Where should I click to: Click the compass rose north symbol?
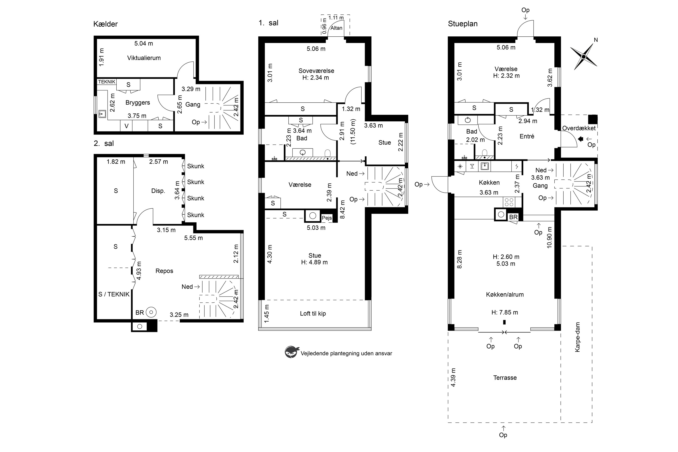coord(584,56)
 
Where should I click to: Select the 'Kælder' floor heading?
coord(106,24)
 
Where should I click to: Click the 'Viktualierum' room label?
coord(144,58)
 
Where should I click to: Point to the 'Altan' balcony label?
coord(337,28)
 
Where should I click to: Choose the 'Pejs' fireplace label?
coord(327,218)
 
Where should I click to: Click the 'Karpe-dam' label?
coord(577,337)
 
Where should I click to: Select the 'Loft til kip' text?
coord(313,314)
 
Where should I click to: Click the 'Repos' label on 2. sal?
coord(164,271)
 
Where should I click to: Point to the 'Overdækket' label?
coord(579,128)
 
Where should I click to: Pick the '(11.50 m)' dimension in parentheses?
coord(353,132)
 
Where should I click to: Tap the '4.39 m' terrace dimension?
coord(453,377)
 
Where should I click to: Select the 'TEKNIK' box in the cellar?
coord(107,82)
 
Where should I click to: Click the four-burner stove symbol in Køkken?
coord(509,202)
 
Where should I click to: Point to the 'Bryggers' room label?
coord(138,103)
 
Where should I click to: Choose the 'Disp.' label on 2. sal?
coord(158,191)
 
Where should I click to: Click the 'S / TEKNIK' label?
coord(114,294)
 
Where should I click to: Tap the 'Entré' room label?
coord(527,136)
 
